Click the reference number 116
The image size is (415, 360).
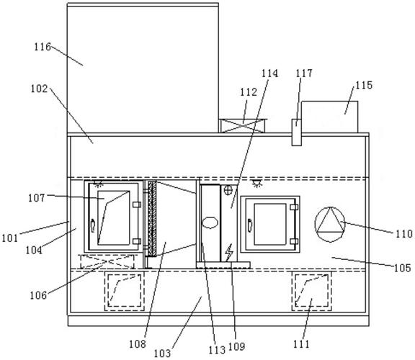[43, 47]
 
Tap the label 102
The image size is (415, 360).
[39, 89]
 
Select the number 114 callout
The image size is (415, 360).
[269, 73]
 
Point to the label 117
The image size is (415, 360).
[304, 73]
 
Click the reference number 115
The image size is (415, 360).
[364, 85]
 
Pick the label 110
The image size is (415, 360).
[404, 234]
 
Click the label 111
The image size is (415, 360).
[301, 344]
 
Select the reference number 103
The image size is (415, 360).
[162, 353]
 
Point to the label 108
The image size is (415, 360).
[138, 344]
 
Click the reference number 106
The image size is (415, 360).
[38, 295]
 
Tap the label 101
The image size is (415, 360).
[10, 238]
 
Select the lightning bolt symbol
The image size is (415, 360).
[228, 253]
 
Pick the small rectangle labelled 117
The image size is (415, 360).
[296, 132]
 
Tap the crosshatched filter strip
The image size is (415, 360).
[152, 219]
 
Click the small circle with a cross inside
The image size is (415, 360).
[228, 190]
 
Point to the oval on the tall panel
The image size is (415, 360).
[210, 222]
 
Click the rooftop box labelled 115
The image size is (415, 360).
[330, 117]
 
